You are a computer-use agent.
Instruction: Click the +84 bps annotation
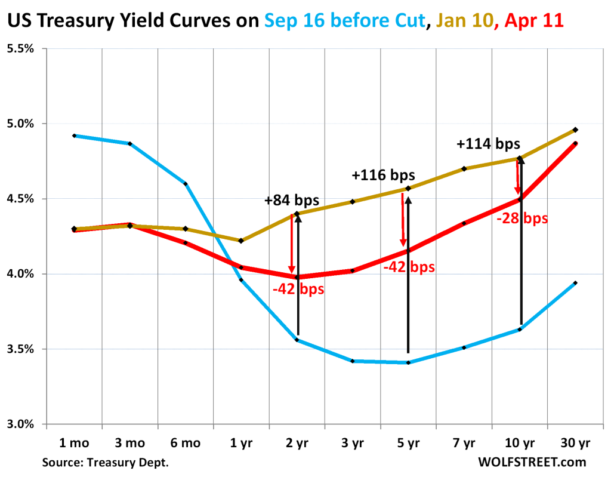[291, 201]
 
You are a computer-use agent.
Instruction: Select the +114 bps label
[488, 144]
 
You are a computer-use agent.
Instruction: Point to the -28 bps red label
[521, 219]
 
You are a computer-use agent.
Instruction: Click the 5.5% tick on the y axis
[20, 49]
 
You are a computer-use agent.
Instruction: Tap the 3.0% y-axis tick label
[20, 424]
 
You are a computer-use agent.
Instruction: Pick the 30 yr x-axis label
[575, 443]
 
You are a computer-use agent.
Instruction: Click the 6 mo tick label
[186, 443]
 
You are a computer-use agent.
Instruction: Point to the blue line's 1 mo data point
[74, 136]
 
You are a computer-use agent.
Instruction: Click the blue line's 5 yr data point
[408, 362]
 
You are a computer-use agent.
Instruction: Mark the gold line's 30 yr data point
[575, 130]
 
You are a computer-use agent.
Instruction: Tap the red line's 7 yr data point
[464, 223]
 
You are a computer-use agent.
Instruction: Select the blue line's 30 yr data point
[575, 283]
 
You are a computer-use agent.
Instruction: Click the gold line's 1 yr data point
[241, 241]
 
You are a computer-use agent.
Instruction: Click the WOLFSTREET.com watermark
[532, 462]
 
